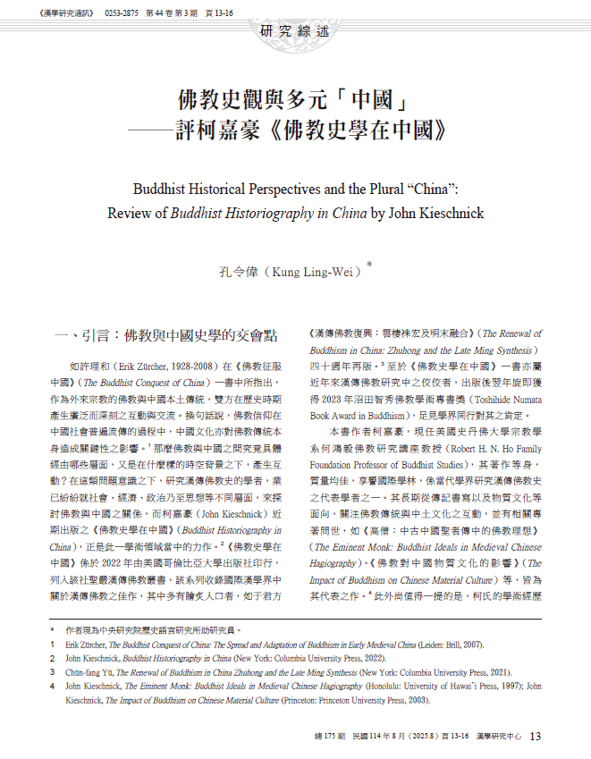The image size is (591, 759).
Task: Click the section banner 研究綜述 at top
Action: [295, 31]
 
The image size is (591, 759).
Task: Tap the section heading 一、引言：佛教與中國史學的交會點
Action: [167, 335]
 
